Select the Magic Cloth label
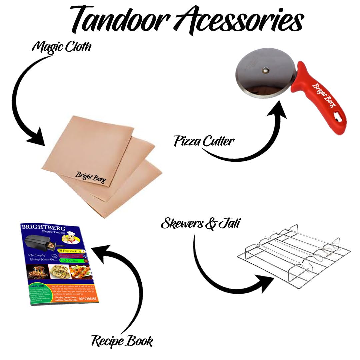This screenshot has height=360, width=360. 61,47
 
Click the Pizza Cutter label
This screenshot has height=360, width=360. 204,141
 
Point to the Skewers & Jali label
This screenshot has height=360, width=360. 200,223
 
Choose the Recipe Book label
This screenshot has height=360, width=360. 122,341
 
